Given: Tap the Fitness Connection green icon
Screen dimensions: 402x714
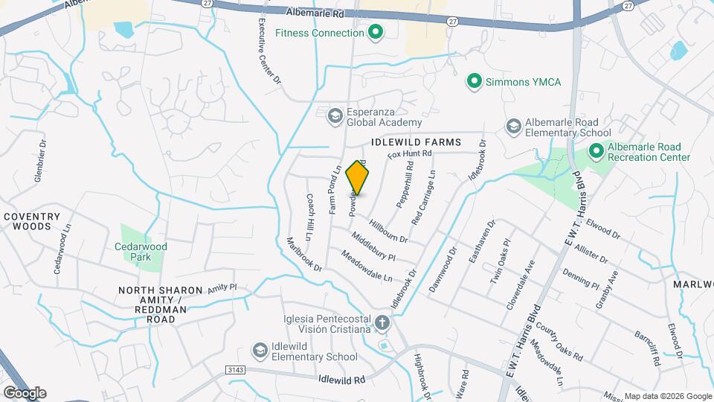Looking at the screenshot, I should point(376,32).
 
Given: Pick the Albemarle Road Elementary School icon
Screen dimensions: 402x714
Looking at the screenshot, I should point(512,127).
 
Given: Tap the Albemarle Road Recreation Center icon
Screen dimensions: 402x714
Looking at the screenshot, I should point(596,151).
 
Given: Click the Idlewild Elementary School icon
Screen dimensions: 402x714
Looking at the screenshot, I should point(260,350).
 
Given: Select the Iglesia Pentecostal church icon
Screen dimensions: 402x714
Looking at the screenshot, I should point(382,323).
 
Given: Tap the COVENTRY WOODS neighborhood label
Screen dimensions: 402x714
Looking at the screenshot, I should point(31,221).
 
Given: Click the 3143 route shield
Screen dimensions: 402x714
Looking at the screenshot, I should point(235,369).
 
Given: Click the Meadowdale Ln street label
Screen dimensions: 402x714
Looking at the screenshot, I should point(367,267).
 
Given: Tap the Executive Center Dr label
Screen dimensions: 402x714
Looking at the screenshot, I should point(269,52).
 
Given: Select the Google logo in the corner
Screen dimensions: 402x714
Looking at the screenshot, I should point(25,392).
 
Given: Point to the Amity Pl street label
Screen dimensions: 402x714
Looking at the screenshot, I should point(222,287).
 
